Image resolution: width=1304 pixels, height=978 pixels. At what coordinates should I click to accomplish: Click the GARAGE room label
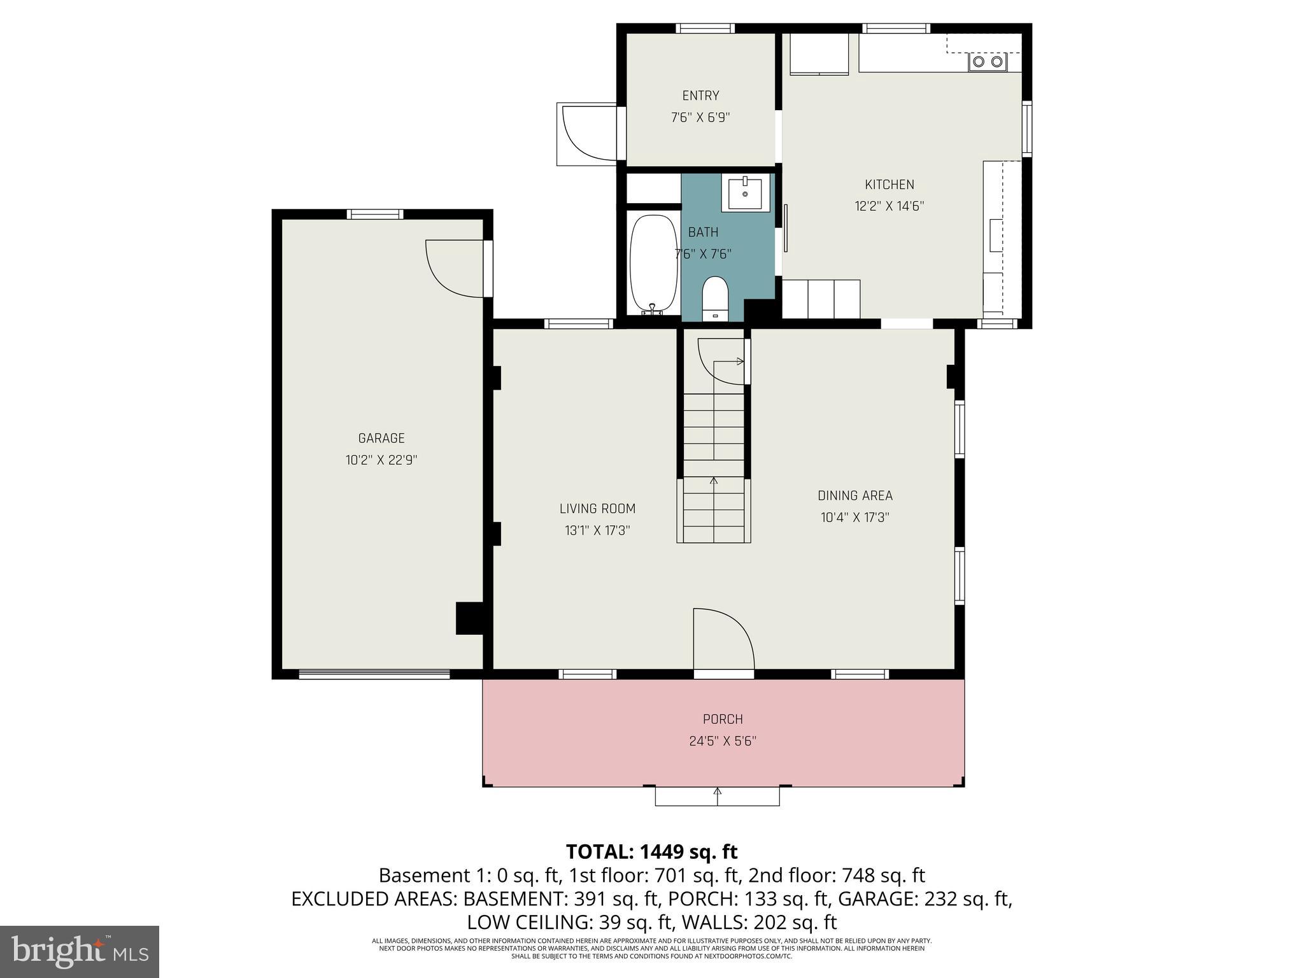[x=381, y=438]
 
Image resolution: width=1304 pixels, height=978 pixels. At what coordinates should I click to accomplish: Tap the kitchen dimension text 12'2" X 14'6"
[x=889, y=206]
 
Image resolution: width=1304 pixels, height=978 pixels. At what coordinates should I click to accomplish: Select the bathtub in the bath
[x=653, y=264]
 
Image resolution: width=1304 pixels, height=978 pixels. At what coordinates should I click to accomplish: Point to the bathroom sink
[x=745, y=192]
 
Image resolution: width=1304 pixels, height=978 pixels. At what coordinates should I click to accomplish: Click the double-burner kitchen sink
[x=988, y=62]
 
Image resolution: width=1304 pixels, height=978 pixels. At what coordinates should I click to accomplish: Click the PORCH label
[x=723, y=719]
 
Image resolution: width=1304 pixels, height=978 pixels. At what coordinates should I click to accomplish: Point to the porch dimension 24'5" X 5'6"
[x=723, y=741]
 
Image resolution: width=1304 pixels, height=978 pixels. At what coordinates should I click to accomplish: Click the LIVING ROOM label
[x=597, y=509]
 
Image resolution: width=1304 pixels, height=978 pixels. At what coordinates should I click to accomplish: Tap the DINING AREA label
[x=855, y=495]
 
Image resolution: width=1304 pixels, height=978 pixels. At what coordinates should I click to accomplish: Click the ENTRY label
[x=700, y=96]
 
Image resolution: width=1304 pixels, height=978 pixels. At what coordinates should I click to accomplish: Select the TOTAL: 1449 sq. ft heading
[x=651, y=851]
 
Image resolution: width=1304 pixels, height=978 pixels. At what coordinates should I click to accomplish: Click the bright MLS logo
[x=80, y=951]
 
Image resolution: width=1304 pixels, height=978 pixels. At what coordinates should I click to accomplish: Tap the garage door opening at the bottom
[x=374, y=674]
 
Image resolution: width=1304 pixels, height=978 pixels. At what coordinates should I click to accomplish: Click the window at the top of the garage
[x=375, y=214]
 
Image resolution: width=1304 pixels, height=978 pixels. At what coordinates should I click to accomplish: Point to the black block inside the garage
[x=470, y=618]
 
